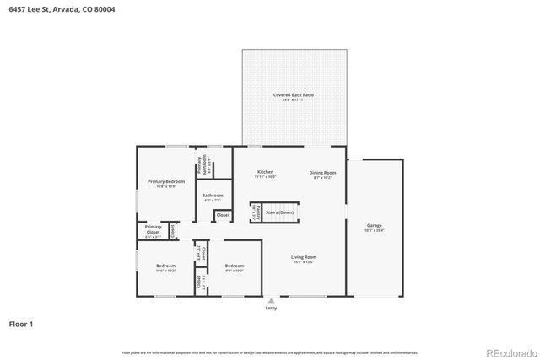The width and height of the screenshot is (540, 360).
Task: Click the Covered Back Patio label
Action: (x=294, y=97)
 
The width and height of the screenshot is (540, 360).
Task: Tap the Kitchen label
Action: (x=265, y=174)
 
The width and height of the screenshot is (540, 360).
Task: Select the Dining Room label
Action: (x=322, y=174)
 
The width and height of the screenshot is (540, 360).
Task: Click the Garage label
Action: (x=375, y=228)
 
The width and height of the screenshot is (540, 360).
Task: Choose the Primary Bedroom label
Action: (x=165, y=184)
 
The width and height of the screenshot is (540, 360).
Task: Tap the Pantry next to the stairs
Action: (x=254, y=214)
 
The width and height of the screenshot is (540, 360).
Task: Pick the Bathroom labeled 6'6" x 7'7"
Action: (x=213, y=197)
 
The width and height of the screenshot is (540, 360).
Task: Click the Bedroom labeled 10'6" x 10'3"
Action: (x=165, y=268)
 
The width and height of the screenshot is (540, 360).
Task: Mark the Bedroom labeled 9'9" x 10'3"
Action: (x=234, y=268)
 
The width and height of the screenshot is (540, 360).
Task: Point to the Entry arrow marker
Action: (x=271, y=300)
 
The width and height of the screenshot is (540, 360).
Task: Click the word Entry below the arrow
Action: (x=271, y=308)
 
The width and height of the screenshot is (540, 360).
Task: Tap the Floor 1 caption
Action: (x=21, y=324)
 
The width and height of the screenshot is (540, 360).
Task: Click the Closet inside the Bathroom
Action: (x=223, y=216)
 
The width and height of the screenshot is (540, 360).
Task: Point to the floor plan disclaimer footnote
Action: (x=270, y=352)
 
